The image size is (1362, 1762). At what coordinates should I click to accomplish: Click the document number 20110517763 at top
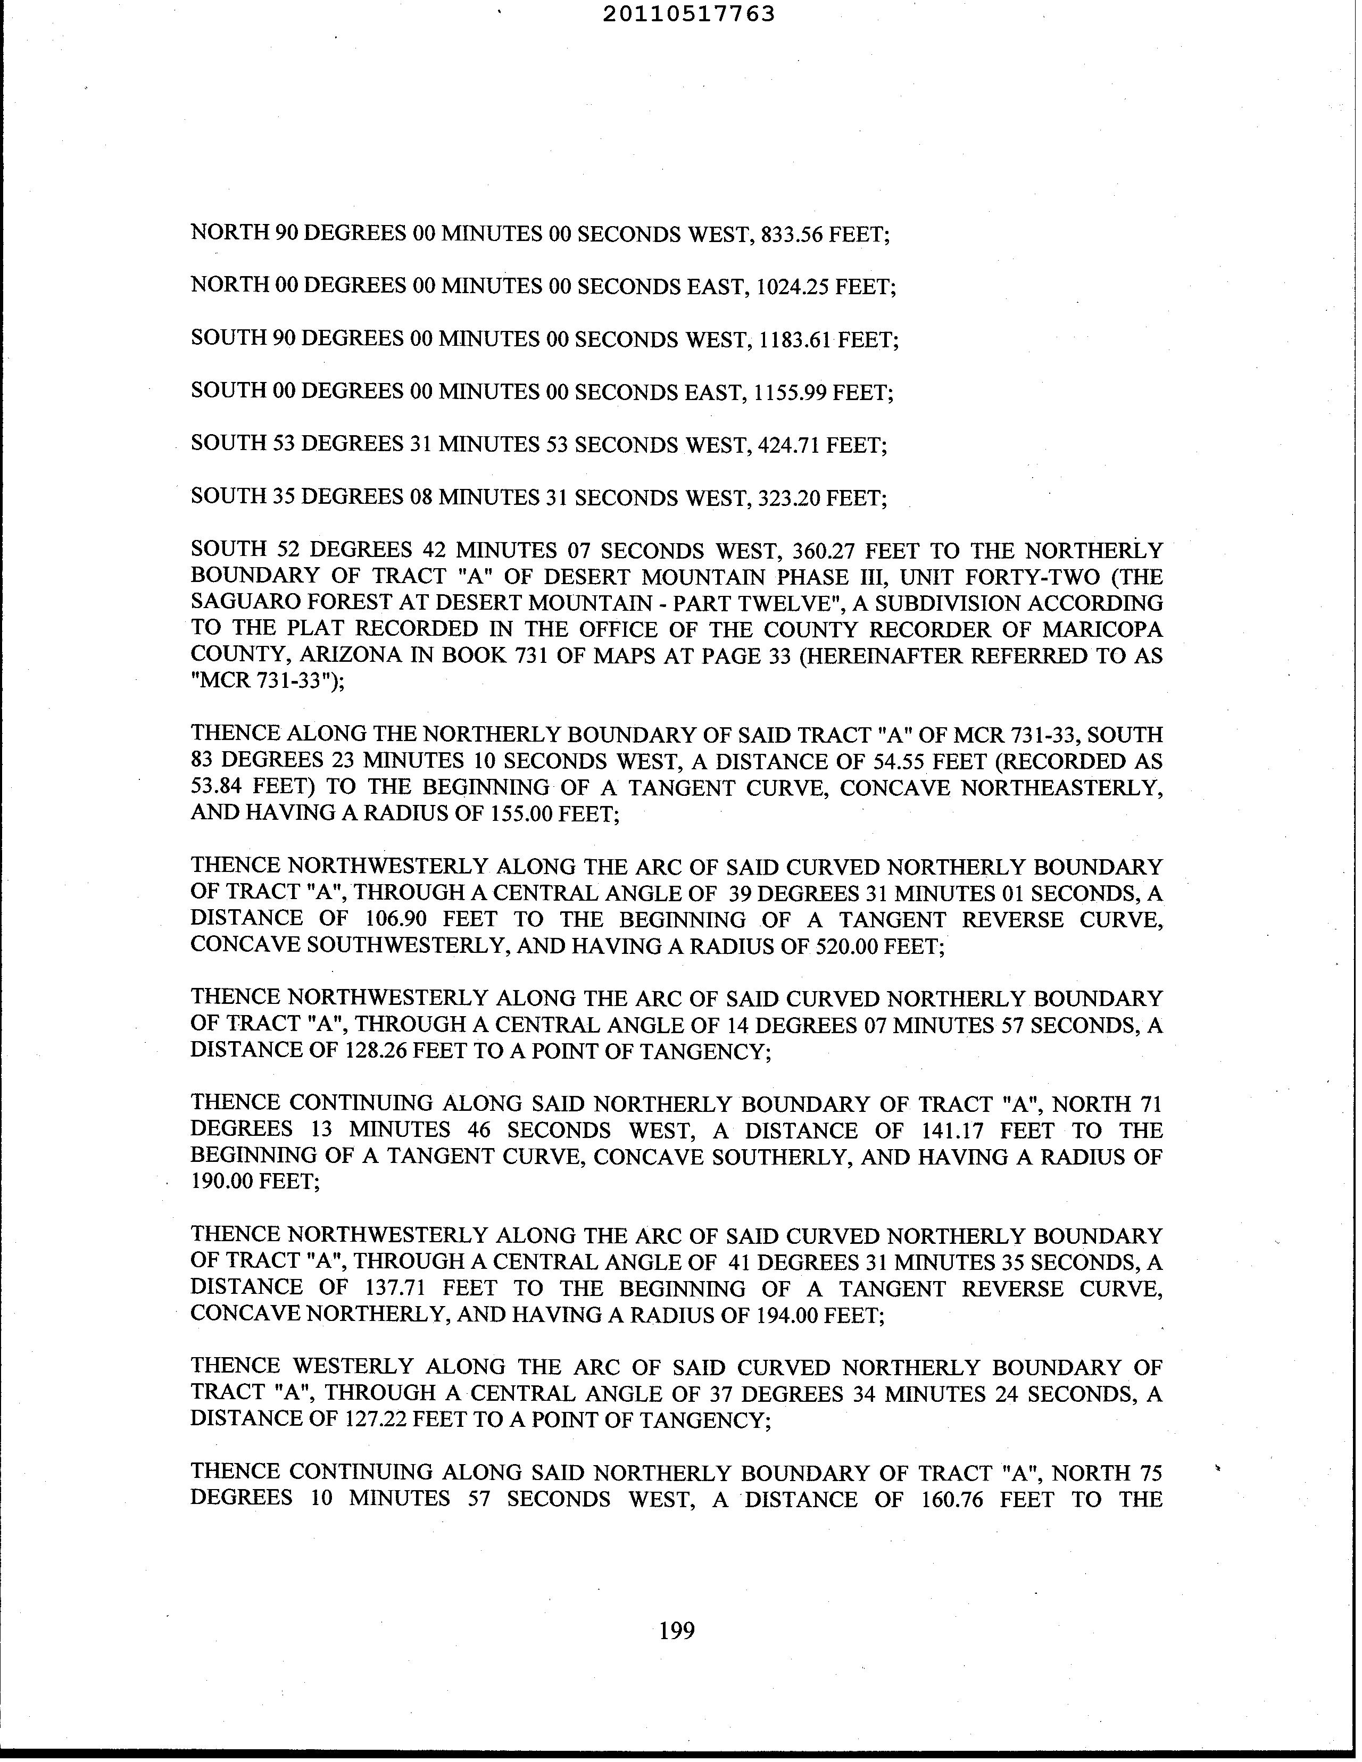click(688, 14)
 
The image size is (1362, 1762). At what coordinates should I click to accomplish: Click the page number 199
click(676, 1631)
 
